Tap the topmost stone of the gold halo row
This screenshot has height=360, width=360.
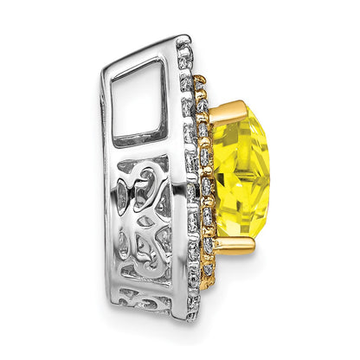(x=201, y=81)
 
